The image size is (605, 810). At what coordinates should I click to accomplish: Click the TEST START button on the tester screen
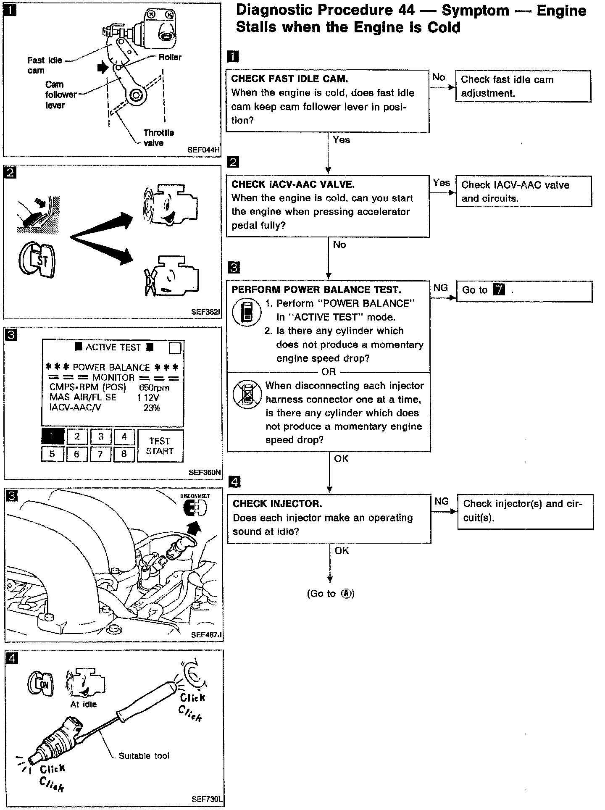[x=160, y=446]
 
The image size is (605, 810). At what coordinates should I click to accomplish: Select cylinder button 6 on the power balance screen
[x=76, y=454]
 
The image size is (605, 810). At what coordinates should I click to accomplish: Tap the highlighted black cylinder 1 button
[x=53, y=437]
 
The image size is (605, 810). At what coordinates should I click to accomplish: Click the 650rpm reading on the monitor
[x=154, y=387]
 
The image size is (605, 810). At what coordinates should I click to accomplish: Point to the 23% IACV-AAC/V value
[x=152, y=408]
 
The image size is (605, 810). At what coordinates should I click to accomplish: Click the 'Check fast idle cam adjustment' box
[x=523, y=86]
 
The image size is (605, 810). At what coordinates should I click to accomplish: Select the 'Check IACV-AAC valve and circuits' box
[x=523, y=191]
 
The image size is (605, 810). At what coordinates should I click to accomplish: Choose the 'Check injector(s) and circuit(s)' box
[x=525, y=511]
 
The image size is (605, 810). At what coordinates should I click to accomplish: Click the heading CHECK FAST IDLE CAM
[x=289, y=79]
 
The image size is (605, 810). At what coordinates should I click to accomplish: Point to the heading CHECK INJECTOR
[x=277, y=504]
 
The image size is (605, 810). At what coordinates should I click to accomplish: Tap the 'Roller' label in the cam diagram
[x=170, y=57]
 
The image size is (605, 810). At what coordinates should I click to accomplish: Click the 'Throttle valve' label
[x=158, y=137]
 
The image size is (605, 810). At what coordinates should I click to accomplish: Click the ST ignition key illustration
[x=37, y=261]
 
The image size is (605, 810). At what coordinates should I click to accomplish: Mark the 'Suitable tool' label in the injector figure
[x=144, y=756]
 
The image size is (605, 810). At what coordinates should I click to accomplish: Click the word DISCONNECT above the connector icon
[x=195, y=496]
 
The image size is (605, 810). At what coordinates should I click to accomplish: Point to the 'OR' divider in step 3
[x=329, y=372]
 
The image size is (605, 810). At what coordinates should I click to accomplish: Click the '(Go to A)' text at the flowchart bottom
[x=331, y=593]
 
